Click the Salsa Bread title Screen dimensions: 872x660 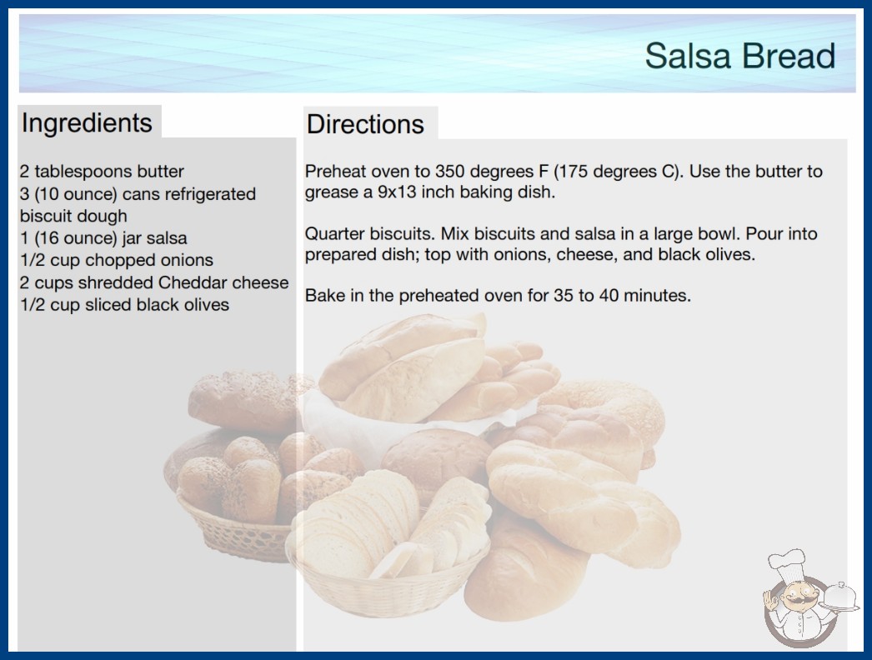(740, 56)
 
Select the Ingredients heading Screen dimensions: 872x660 (87, 122)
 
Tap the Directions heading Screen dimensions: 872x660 (365, 124)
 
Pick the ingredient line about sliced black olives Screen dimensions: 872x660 (124, 305)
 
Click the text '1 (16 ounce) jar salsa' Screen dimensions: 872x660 (103, 238)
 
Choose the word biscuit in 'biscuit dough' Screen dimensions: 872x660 (47, 216)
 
